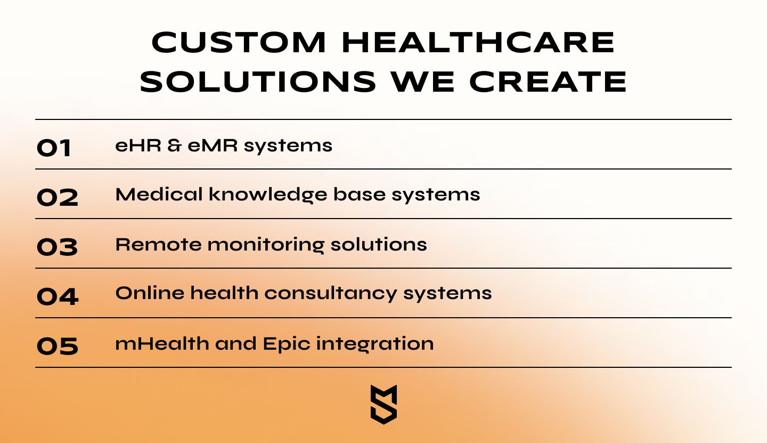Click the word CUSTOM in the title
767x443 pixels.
(238, 43)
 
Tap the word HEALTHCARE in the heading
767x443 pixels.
(478, 43)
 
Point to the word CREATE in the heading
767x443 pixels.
(548, 82)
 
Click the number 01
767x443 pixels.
(54, 148)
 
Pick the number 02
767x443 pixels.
(58, 198)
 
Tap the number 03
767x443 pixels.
(57, 247)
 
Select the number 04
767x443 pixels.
(58, 296)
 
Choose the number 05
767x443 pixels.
(58, 346)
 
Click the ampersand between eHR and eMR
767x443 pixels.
(175, 146)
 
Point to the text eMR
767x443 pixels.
(213, 146)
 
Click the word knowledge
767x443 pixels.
(268, 195)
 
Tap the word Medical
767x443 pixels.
(159, 194)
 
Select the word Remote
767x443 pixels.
(159, 245)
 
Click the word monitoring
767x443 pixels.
(266, 245)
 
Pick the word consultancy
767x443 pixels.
(331, 294)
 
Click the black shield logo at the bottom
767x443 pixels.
(384, 404)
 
